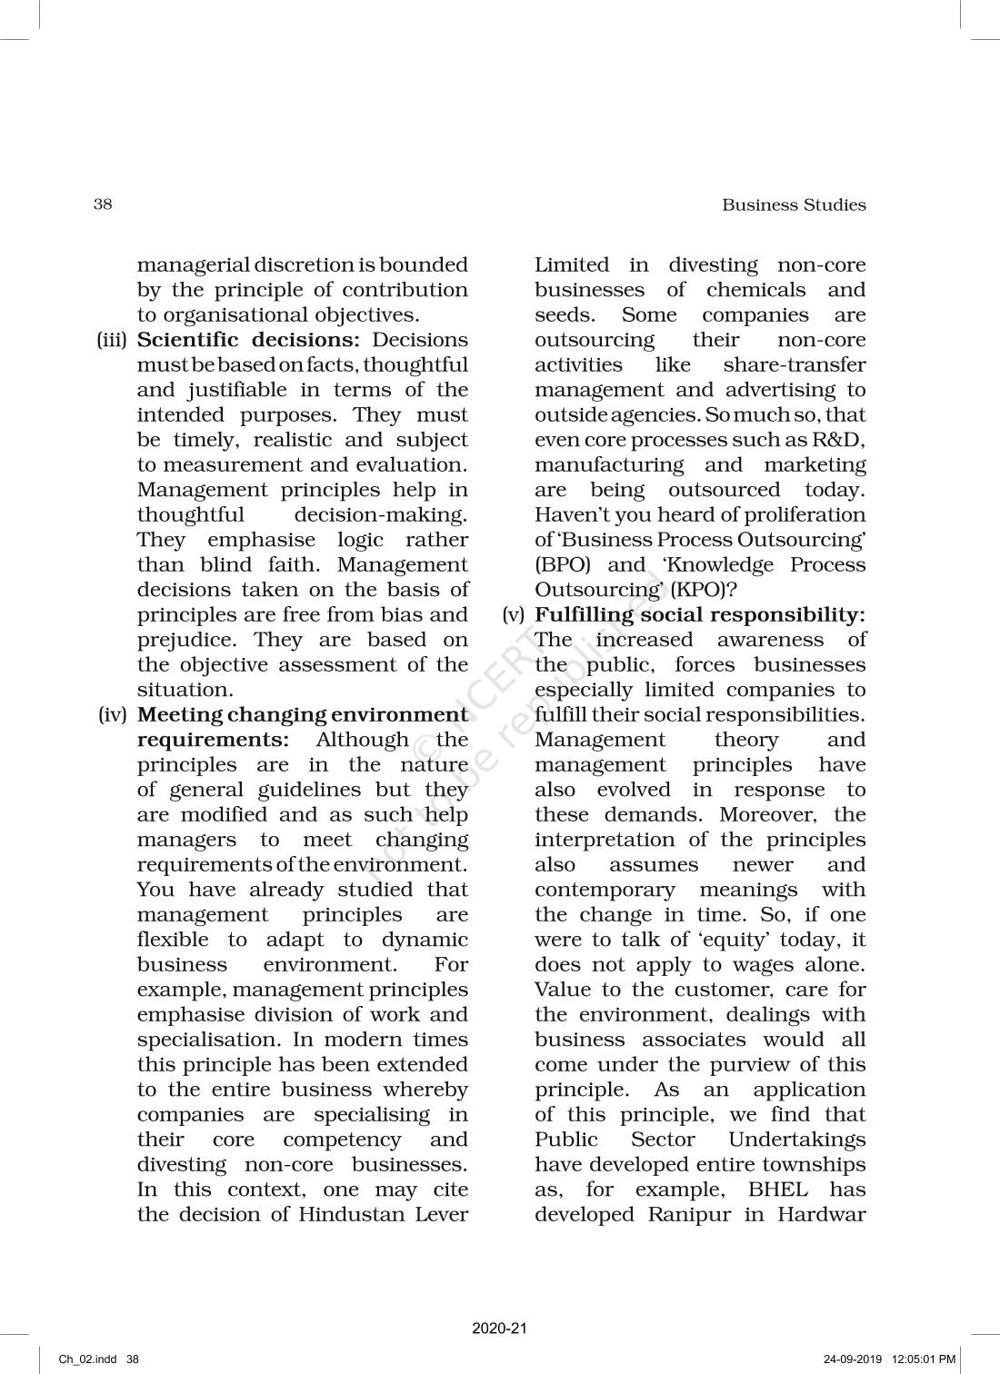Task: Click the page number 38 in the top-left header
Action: pyautogui.click(x=103, y=204)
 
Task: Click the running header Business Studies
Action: pyautogui.click(x=794, y=204)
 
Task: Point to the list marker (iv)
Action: pyautogui.click(x=114, y=715)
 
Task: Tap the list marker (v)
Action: pyautogui.click(x=515, y=615)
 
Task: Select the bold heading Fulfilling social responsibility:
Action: pyautogui.click(x=700, y=615)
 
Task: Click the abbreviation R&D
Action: pyautogui.click(x=843, y=440)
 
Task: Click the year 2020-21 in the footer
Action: pyautogui.click(x=500, y=1328)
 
